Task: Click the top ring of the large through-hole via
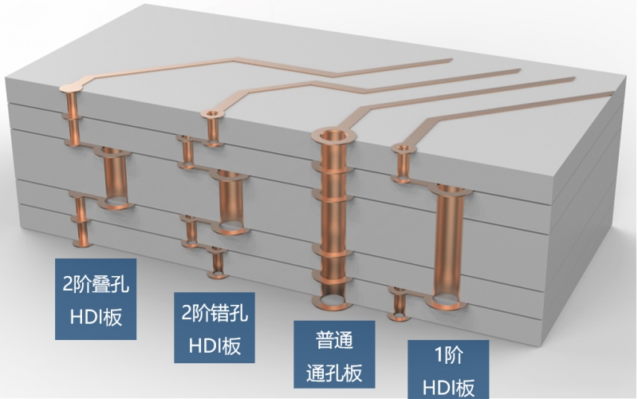333,135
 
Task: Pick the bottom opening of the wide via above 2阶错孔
231,227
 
